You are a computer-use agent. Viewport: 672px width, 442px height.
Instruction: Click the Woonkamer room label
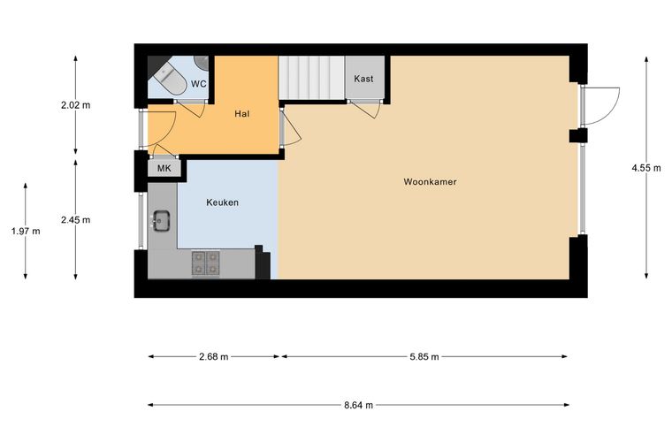tap(430, 181)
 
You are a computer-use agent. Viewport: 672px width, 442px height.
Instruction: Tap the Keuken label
tap(222, 202)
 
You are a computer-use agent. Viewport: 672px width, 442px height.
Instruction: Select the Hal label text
tap(241, 114)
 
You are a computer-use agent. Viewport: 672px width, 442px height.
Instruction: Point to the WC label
tap(198, 83)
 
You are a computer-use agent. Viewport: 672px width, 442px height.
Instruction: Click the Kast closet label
tap(363, 79)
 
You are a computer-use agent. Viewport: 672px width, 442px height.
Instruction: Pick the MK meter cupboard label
tap(164, 168)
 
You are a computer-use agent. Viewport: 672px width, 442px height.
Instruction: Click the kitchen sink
tap(162, 221)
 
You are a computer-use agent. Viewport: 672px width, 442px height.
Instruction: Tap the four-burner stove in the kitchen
tap(206, 263)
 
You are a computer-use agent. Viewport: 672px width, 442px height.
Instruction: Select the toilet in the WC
tap(171, 79)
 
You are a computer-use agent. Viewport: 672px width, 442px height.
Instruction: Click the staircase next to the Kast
tap(312, 78)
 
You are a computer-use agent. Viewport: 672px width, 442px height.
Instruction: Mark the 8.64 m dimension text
tap(358, 405)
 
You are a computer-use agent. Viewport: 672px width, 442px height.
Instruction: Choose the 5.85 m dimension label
tap(424, 357)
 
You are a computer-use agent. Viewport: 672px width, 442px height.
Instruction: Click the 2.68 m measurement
tap(213, 357)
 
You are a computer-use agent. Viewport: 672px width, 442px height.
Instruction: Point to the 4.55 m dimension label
tap(645, 168)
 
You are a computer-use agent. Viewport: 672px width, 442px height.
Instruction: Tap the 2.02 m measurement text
tap(75, 105)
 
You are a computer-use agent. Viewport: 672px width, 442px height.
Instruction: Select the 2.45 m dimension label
tap(75, 220)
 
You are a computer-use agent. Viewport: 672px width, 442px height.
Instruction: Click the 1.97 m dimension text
tap(26, 232)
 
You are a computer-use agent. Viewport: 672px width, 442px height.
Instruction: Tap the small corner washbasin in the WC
tap(202, 63)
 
